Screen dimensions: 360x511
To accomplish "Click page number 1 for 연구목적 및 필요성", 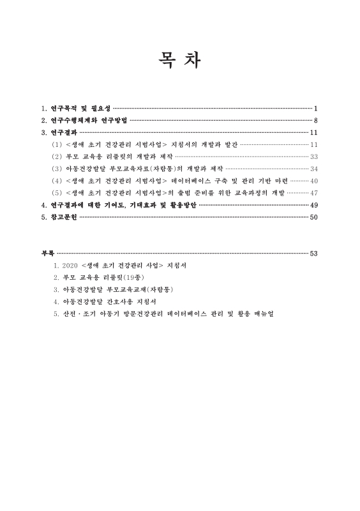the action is pos(316,109).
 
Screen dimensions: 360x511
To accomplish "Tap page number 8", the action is pos(316,121).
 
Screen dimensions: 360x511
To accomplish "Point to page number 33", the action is pos(313,157).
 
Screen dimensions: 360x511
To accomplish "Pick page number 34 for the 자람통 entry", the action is pos(313,169).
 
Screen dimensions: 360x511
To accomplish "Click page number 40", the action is pos(313,181).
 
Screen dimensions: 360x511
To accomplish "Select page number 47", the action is pos(313,194).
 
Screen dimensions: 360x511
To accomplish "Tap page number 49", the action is pos(313,206).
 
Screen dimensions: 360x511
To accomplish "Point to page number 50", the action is pos(313,218).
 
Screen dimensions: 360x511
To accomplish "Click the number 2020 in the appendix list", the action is pos(70,265).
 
